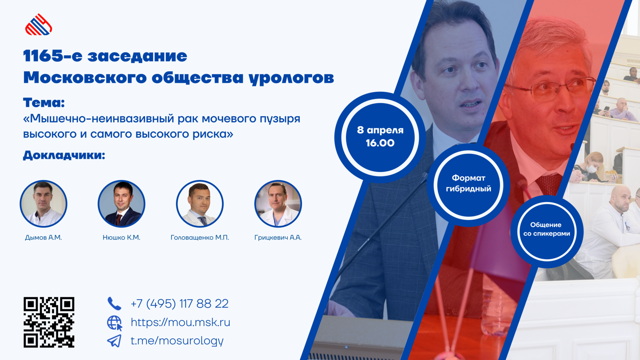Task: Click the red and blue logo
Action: [38, 25]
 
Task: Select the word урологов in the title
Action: [291, 78]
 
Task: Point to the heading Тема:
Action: [44, 102]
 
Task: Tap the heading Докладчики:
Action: [64, 155]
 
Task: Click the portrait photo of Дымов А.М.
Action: [43, 204]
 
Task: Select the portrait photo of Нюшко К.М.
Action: [122, 204]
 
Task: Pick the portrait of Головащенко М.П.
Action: [200, 204]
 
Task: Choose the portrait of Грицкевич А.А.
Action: [278, 204]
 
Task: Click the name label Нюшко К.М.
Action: [122, 237]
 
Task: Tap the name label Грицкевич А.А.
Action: [278, 237]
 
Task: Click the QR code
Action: [49, 322]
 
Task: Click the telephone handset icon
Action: [114, 303]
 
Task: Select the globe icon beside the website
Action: [115, 323]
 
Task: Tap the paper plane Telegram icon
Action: [114, 341]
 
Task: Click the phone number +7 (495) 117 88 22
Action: [179, 304]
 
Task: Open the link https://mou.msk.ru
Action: [180, 322]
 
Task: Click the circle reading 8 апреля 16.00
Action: [380, 137]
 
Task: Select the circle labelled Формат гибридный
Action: [469, 184]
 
